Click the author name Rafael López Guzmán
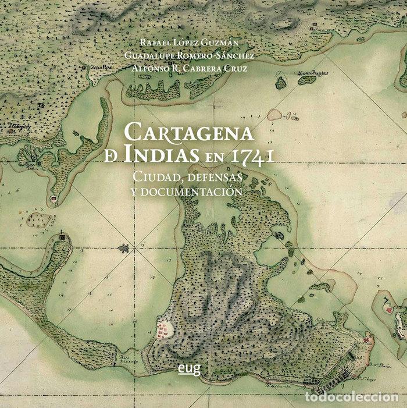pyautogui.click(x=189, y=42)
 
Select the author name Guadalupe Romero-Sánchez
pyautogui.click(x=189, y=55)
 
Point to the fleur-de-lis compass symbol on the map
pyautogui.click(x=123, y=249)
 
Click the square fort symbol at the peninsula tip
pyautogui.click(x=61, y=237)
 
